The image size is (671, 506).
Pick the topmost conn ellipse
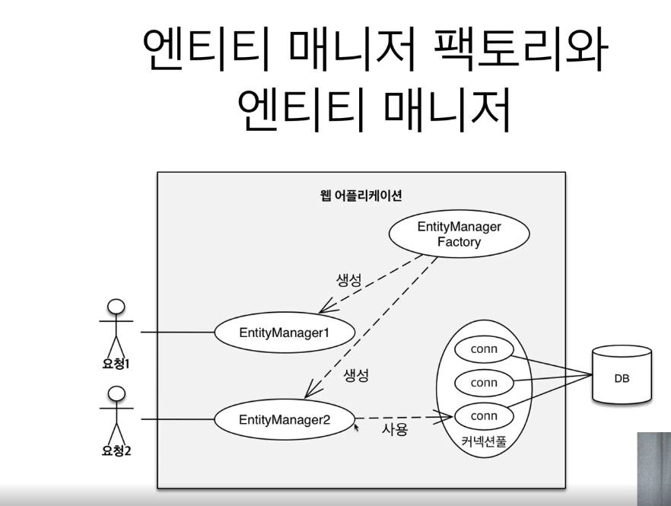(x=484, y=349)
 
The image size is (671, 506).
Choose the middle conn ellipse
(x=484, y=383)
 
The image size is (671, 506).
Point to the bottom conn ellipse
(x=484, y=416)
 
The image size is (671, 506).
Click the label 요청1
(x=116, y=364)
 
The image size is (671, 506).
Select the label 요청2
(x=116, y=450)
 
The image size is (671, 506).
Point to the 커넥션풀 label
(x=484, y=441)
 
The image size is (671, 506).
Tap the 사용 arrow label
(x=395, y=431)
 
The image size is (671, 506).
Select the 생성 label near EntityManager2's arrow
(x=356, y=375)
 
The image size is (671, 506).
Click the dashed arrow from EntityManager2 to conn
(x=403, y=417)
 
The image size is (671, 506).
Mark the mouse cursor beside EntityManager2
(x=357, y=428)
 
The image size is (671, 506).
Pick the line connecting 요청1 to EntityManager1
(x=177, y=333)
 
